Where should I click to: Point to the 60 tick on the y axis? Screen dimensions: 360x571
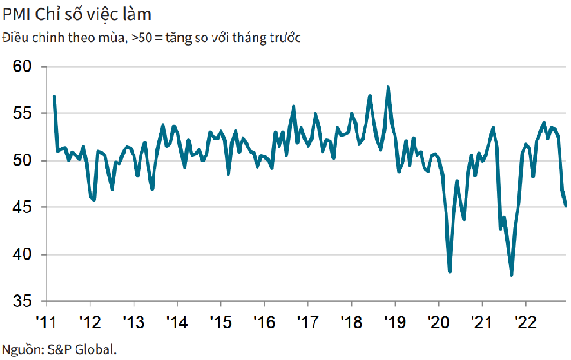coord(24,67)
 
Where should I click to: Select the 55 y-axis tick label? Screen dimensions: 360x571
coord(24,113)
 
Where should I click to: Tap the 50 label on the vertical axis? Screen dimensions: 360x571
coord(24,161)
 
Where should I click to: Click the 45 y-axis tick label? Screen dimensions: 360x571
coord(24,207)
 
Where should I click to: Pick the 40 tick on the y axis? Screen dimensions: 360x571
coord(24,255)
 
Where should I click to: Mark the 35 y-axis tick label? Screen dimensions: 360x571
coord(24,301)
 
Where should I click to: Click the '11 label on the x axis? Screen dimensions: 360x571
coord(47,320)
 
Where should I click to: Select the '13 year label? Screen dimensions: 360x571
coord(134,320)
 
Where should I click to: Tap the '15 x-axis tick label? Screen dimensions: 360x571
coord(220,320)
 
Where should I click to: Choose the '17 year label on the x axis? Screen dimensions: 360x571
coord(307,320)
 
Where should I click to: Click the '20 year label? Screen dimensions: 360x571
coord(437,320)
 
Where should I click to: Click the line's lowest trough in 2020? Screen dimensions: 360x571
coord(450,271)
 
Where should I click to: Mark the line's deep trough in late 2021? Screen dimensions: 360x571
coord(511,275)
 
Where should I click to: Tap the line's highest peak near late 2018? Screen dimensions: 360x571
coord(388,87)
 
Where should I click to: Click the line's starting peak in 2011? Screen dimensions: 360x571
coord(54,96)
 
